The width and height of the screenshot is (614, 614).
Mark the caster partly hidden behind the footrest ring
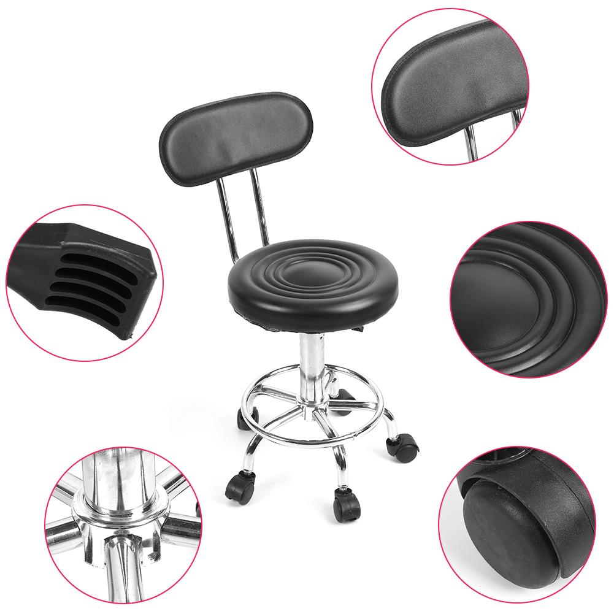[x=243, y=419]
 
